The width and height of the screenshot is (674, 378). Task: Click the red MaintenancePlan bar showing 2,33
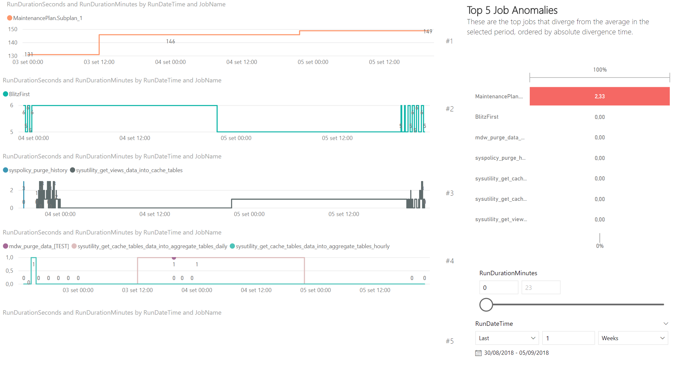[599, 96]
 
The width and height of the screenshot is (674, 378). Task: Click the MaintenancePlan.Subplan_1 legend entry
[45, 18]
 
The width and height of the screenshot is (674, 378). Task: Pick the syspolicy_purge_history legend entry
[35, 170]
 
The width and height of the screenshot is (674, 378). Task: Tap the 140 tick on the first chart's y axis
[13, 43]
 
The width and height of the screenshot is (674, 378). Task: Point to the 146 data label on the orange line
[170, 41]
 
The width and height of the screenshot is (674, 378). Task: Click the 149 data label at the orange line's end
[428, 31]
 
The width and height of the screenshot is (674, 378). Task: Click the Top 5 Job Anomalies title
[512, 10]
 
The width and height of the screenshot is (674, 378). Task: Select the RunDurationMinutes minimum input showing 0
[498, 288]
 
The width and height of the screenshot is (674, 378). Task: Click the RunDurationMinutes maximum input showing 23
[541, 288]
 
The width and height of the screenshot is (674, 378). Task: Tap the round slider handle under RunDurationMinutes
[486, 304]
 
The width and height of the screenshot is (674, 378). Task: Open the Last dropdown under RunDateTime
[507, 338]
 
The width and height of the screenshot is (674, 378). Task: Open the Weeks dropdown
[633, 338]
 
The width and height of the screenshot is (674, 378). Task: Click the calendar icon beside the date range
[478, 353]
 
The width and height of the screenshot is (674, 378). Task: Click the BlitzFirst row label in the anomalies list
[487, 117]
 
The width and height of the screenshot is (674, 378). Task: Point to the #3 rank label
[449, 193]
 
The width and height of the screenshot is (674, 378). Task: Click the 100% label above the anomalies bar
[600, 70]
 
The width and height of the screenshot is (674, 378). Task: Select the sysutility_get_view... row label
[501, 219]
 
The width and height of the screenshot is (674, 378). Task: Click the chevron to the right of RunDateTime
[666, 324]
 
